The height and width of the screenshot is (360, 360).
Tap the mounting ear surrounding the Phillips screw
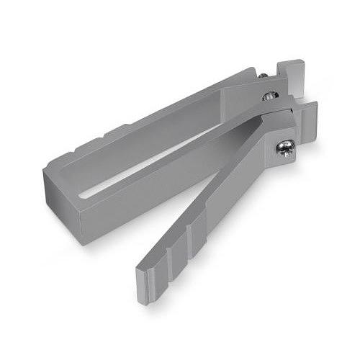point(288,137)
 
